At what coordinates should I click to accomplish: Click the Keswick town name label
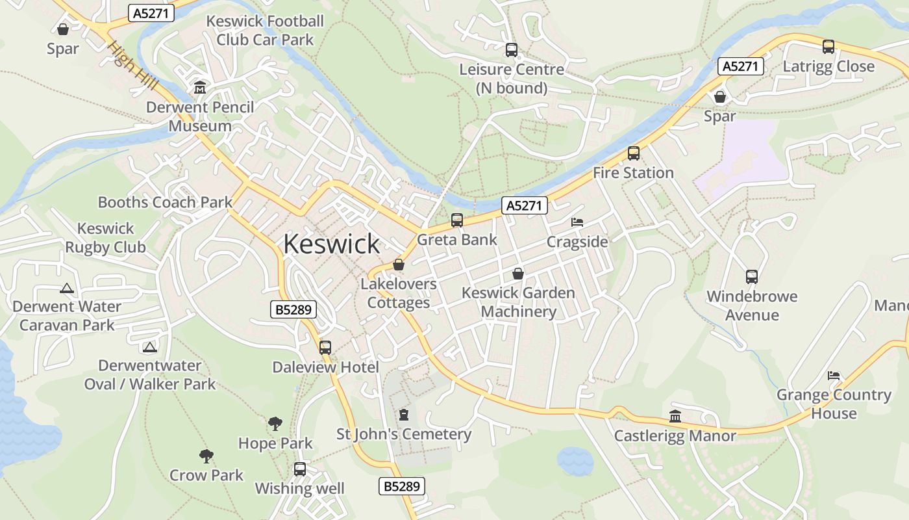(331, 244)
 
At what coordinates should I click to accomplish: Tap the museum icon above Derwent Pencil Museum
(200, 88)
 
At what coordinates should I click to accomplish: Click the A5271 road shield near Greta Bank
(525, 206)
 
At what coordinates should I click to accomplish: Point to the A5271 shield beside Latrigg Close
(740, 66)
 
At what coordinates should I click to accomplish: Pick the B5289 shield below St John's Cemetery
(401, 486)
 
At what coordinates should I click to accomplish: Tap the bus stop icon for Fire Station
(633, 154)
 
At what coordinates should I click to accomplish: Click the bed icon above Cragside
(577, 222)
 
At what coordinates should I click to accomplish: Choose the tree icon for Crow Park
(206, 456)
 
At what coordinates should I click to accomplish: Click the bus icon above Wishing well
(299, 469)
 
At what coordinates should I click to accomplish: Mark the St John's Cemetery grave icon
(404, 415)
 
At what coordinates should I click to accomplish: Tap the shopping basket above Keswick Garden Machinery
(517, 274)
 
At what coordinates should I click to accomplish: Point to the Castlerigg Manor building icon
(675, 416)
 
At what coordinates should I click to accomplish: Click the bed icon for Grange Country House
(834, 376)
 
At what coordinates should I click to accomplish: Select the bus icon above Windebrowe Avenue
(751, 277)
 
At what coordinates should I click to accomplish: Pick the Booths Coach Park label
(165, 202)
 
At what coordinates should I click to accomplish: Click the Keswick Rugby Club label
(105, 238)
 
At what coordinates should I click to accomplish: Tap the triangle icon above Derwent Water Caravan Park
(66, 288)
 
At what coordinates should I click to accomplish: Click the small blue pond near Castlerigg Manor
(575, 461)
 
